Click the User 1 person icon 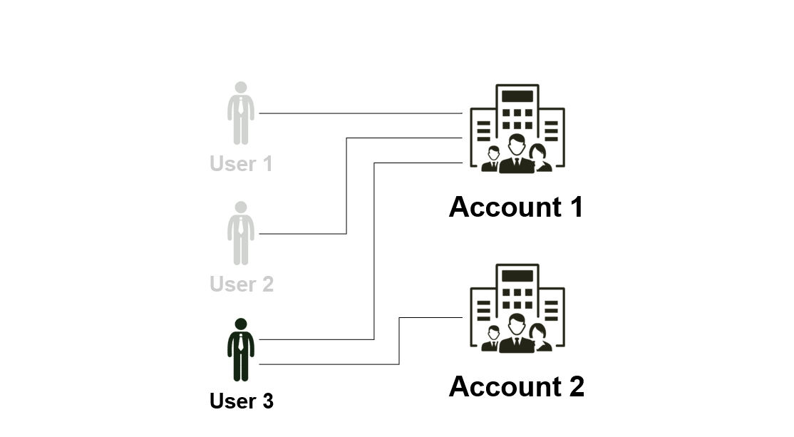point(241,114)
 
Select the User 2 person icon point(241,234)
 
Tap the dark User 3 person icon point(241,351)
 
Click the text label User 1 point(242,164)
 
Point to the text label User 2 point(242,284)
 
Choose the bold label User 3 point(242,401)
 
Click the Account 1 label point(516,207)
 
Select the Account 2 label point(516,386)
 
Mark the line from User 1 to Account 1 point(360,113)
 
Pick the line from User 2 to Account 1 point(346,185)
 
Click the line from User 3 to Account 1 point(374,250)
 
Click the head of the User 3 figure point(241,324)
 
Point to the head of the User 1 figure point(241,88)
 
